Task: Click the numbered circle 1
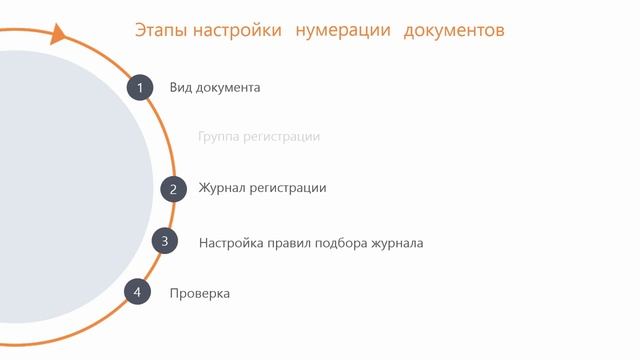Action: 140,87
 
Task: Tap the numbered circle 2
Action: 173,188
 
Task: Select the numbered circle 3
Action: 165,241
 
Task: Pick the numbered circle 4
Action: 137,292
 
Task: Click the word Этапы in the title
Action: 158,31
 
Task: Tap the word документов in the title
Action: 454,31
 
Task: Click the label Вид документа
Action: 215,88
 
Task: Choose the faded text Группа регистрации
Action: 259,137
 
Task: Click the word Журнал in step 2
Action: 221,188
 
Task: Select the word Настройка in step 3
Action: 231,243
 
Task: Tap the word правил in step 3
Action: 289,243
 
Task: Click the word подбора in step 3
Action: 342,243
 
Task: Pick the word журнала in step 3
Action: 397,243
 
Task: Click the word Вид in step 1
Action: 180,88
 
